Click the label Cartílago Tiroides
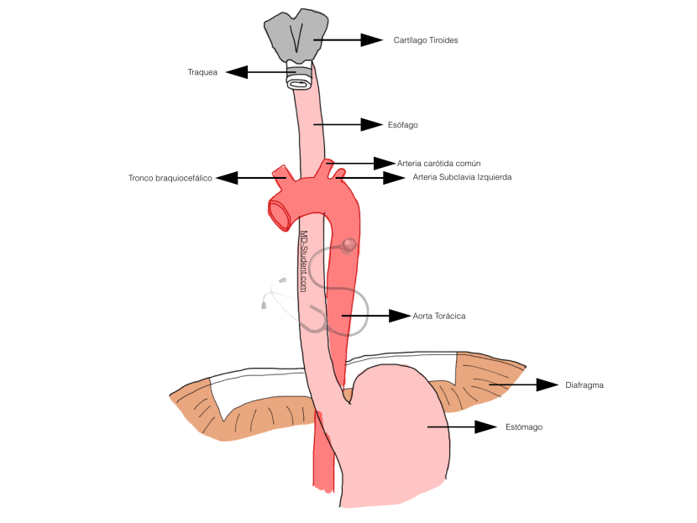(425, 40)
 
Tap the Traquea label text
(202, 72)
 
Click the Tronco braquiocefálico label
(170, 178)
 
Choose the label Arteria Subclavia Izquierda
(462, 177)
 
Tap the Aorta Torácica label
(438, 316)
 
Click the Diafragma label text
(584, 385)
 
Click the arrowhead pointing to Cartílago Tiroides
(372, 39)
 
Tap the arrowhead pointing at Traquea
(236, 72)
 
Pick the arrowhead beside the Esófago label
(372, 124)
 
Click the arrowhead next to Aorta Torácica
(398, 316)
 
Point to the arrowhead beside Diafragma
(548, 384)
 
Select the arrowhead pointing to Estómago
(485, 426)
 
